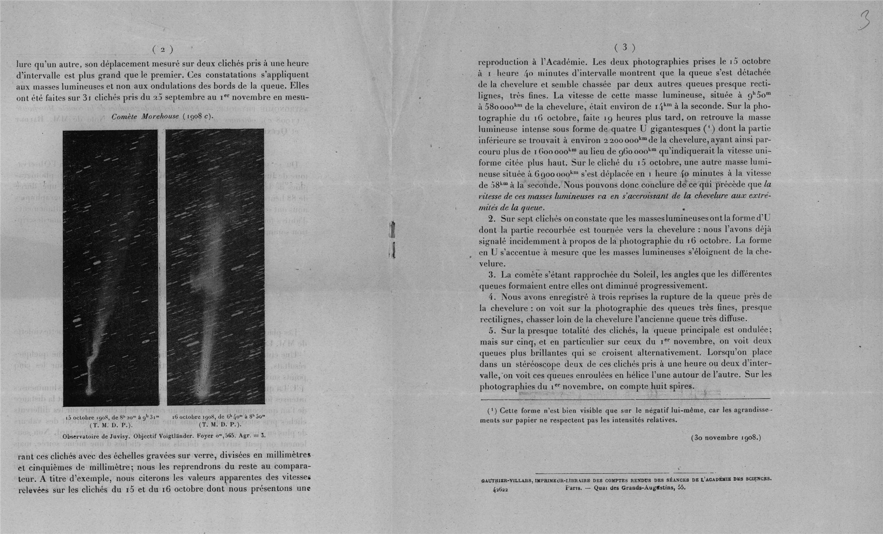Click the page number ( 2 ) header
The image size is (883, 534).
pos(162,49)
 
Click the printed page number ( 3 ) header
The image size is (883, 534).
pos(624,47)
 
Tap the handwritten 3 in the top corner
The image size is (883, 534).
pos(864,21)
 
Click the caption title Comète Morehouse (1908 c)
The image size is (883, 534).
pos(162,117)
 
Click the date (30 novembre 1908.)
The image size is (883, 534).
pos(726,438)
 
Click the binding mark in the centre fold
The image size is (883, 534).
pos(392,239)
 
